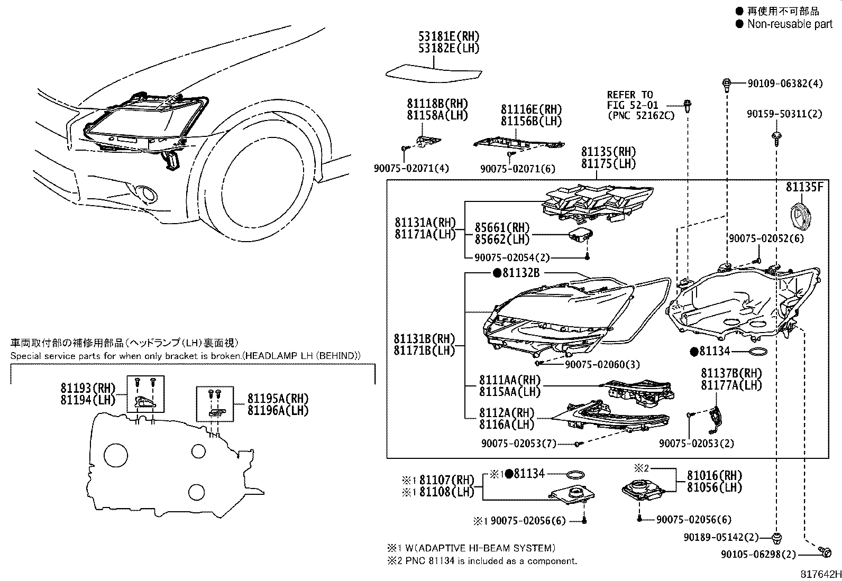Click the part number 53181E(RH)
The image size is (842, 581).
[449, 36]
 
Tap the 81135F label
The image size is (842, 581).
[804, 187]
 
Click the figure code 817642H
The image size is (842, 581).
[820, 574]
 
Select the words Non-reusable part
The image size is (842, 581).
[790, 24]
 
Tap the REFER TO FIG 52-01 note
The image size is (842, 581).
[641, 105]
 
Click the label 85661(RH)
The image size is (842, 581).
[502, 227]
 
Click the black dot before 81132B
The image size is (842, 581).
[497, 273]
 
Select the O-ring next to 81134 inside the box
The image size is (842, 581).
[758, 352]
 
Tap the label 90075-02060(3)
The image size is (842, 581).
[602, 364]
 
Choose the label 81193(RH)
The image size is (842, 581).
[88, 388]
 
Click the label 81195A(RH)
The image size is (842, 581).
[278, 398]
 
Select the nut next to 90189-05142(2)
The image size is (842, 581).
[776, 538]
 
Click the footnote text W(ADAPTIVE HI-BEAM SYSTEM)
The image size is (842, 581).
[480, 548]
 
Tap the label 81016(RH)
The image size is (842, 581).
[715, 475]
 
